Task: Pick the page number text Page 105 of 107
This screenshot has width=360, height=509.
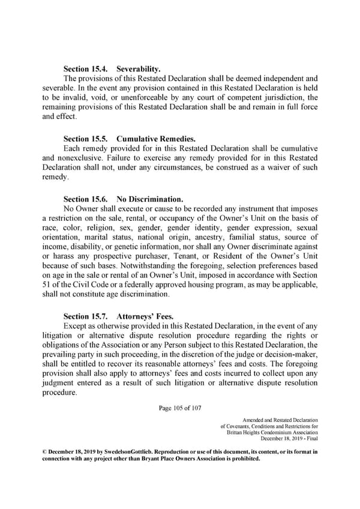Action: [x=180, y=409]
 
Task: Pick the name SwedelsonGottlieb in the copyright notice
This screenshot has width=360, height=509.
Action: [x=118, y=451]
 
